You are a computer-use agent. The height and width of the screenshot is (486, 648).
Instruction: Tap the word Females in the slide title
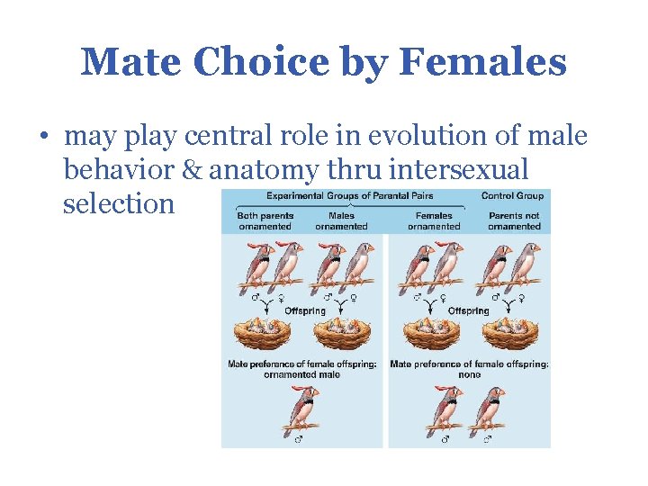pos(482,63)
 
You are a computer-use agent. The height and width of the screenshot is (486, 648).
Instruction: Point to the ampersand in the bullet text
pos(195,169)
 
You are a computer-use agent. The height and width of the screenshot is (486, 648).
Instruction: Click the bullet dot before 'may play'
pos(42,138)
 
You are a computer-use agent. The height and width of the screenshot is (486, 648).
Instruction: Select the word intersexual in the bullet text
pos(452,169)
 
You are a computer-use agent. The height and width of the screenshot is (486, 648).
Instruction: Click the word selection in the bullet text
pos(118,202)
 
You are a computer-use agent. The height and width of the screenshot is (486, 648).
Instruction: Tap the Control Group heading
pos(512,195)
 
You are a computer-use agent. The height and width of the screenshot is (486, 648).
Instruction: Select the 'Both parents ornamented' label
pos(265,220)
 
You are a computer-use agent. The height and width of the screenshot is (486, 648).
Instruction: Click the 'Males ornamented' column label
pos(341,220)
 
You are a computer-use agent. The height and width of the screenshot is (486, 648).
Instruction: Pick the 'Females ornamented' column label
pos(433,220)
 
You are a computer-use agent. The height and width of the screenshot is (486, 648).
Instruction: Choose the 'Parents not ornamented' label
pos(514,220)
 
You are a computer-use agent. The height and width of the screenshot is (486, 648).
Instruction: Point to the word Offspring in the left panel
pos(305,310)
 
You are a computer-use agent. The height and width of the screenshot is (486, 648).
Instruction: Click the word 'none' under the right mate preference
pos(469,374)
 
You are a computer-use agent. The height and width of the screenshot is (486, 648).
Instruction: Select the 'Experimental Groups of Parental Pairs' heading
pos(348,195)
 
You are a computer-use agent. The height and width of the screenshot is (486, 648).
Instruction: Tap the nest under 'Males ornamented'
pos(341,335)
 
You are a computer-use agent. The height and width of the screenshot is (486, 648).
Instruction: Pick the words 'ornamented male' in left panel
pos(303,374)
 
